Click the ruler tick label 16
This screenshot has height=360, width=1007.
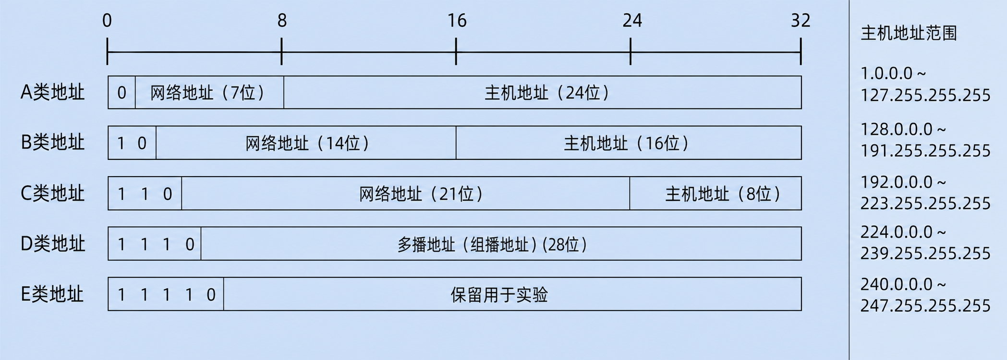[x=457, y=21]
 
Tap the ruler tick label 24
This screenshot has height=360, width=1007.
[x=632, y=21]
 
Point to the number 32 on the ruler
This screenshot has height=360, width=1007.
[x=801, y=21]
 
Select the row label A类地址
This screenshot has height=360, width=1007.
[x=53, y=92]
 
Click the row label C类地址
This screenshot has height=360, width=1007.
[x=53, y=193]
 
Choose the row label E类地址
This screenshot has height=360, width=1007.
[x=52, y=294]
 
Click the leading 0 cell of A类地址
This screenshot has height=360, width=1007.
[x=121, y=92]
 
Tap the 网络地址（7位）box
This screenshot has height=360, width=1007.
[x=209, y=92]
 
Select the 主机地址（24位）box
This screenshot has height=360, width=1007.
[x=543, y=92]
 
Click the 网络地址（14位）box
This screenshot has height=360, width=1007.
[x=306, y=143]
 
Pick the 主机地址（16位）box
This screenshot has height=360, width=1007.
[x=629, y=143]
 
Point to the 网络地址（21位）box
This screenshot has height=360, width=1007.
[x=406, y=193]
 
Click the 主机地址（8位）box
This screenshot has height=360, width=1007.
[x=716, y=193]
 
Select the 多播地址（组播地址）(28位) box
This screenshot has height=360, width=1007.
[x=501, y=244]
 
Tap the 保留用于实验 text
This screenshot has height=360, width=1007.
[x=499, y=294]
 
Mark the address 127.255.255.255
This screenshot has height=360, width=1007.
[x=925, y=95]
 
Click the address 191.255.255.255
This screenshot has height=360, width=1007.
[x=925, y=151]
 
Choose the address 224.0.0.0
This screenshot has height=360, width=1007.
[x=897, y=232]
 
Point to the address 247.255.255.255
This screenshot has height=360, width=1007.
[x=925, y=305]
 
